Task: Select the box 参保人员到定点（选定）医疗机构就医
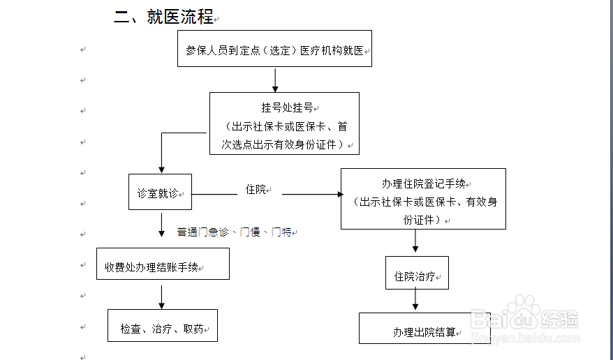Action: coord(274,50)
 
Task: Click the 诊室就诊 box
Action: coord(160,193)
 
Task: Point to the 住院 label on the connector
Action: coord(256,189)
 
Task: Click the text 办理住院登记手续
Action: coord(423,184)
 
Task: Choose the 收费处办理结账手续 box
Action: coord(162,267)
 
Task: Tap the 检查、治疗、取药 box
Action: coord(162,327)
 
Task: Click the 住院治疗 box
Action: coord(416,276)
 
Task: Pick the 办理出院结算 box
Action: coord(424,332)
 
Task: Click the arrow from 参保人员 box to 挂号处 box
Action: coord(275,80)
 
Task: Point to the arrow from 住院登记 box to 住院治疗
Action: coord(416,243)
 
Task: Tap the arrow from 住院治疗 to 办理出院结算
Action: coord(416,301)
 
